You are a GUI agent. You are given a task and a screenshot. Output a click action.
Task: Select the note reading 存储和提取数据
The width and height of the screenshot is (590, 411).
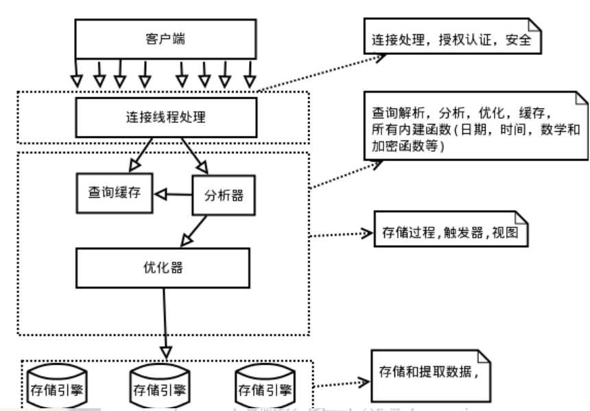click(x=432, y=375)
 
